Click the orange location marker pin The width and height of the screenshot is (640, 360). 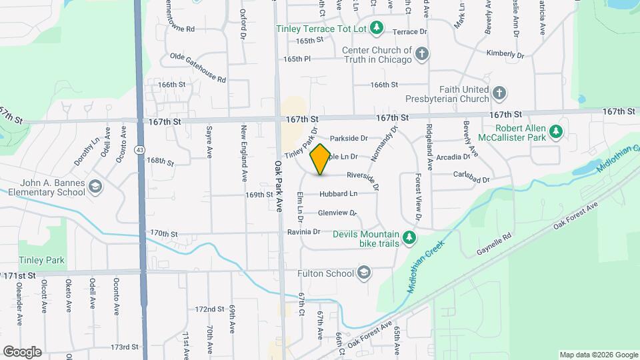click(321, 159)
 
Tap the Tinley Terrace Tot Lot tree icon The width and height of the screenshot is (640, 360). click(377, 27)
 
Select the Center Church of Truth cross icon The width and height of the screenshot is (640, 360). click(421, 54)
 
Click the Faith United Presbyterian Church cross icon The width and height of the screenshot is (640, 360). click(499, 94)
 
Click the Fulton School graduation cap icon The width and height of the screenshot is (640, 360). click(364, 273)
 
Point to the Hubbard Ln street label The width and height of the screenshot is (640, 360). click(338, 194)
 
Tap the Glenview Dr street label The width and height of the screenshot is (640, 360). click(337, 213)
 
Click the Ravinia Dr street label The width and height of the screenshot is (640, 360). click(304, 232)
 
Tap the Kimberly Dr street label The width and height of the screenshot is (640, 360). click(505, 54)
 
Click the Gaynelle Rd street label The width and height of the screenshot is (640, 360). click(494, 245)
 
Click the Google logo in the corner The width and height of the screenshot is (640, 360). click(22, 351)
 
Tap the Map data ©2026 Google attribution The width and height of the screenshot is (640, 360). click(598, 355)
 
